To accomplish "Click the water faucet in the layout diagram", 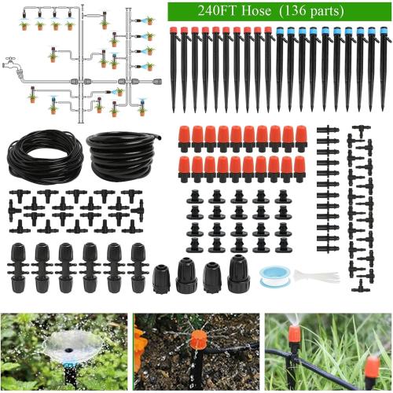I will [x=12, y=62].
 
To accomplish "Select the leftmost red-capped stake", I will [x=174, y=67].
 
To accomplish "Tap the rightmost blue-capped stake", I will [x=384, y=67].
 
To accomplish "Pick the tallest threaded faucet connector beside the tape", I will [x=238, y=275].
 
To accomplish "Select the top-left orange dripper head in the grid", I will [x=185, y=136].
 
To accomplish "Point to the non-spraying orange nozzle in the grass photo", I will [x=371, y=366].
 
